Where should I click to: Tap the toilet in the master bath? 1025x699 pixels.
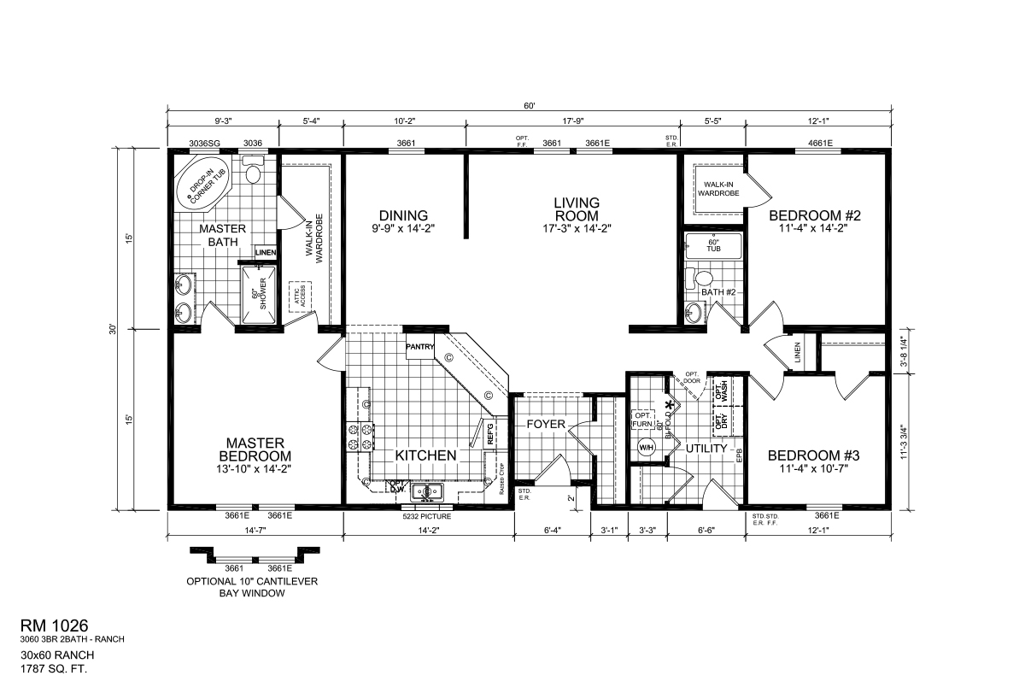(x=252, y=173)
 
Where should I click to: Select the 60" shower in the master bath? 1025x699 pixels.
(x=257, y=295)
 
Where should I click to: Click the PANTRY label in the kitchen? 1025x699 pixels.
(x=420, y=347)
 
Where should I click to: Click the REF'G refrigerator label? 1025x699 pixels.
(x=490, y=434)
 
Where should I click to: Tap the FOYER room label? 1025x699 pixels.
(x=542, y=424)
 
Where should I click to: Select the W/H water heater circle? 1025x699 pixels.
(x=646, y=446)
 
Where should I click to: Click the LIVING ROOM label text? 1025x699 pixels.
(x=576, y=209)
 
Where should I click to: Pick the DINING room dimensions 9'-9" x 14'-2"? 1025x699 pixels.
(x=404, y=228)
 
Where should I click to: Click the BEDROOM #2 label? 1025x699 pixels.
(x=813, y=215)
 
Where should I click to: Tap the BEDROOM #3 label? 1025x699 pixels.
(x=813, y=455)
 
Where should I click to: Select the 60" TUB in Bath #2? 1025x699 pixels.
(x=714, y=247)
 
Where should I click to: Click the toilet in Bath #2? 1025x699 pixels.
(x=702, y=278)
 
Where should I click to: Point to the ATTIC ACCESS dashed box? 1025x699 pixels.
(x=299, y=296)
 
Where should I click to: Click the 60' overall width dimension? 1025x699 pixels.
(x=530, y=106)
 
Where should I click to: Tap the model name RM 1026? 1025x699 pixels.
(x=56, y=627)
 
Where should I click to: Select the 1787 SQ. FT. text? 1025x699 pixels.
(x=55, y=668)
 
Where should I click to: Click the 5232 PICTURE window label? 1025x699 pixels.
(x=427, y=516)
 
